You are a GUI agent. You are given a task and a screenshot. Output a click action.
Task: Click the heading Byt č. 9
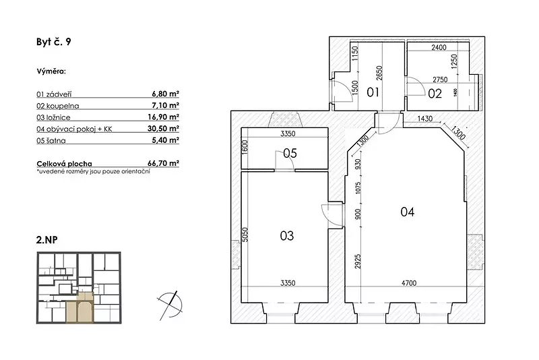point(54,42)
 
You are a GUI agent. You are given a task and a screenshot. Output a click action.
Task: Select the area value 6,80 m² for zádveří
point(165,94)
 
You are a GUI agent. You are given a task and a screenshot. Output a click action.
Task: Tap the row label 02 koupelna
point(58,106)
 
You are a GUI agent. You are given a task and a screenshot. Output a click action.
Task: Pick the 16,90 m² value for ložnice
point(163,117)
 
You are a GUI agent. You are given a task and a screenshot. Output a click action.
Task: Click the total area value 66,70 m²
point(163,163)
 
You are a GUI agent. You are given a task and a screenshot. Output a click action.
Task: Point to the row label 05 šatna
point(51,141)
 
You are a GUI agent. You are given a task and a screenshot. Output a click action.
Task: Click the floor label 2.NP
point(46,239)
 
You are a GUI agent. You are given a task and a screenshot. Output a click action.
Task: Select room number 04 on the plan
point(408,212)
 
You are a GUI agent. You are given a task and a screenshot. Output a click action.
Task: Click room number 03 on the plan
point(287,236)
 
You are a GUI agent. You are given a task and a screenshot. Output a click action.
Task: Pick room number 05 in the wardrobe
point(290,153)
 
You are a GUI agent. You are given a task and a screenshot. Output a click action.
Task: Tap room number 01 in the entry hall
point(373,92)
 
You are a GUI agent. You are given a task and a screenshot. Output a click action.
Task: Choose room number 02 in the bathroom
point(435,94)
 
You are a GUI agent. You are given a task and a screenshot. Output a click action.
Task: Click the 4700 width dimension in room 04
point(409,283)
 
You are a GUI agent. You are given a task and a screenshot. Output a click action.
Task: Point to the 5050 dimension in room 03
point(245,235)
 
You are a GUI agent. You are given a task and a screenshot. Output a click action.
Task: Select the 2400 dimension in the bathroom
point(439,47)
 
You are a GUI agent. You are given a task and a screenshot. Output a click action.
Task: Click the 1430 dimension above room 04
point(425,119)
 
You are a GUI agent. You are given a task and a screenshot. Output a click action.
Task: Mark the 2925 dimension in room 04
point(358,262)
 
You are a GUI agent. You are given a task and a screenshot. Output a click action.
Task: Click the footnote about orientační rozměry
point(93,171)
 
